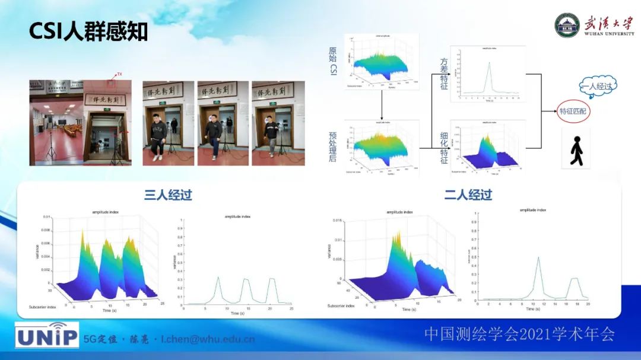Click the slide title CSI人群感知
tap(88, 31)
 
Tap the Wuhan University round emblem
tap(567, 25)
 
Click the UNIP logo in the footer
tap(47, 336)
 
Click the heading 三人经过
tap(168, 195)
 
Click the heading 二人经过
tap(468, 195)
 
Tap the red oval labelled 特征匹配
tap(575, 111)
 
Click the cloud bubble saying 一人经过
tap(596, 87)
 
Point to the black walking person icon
tap(576, 151)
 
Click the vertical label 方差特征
tap(444, 74)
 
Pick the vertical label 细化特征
tap(444, 148)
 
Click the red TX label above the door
tap(119, 74)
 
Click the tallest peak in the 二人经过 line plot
tap(538, 258)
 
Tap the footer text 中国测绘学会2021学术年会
tap(519, 334)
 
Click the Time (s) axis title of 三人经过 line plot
tap(237, 313)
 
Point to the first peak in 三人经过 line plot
tap(218, 278)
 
